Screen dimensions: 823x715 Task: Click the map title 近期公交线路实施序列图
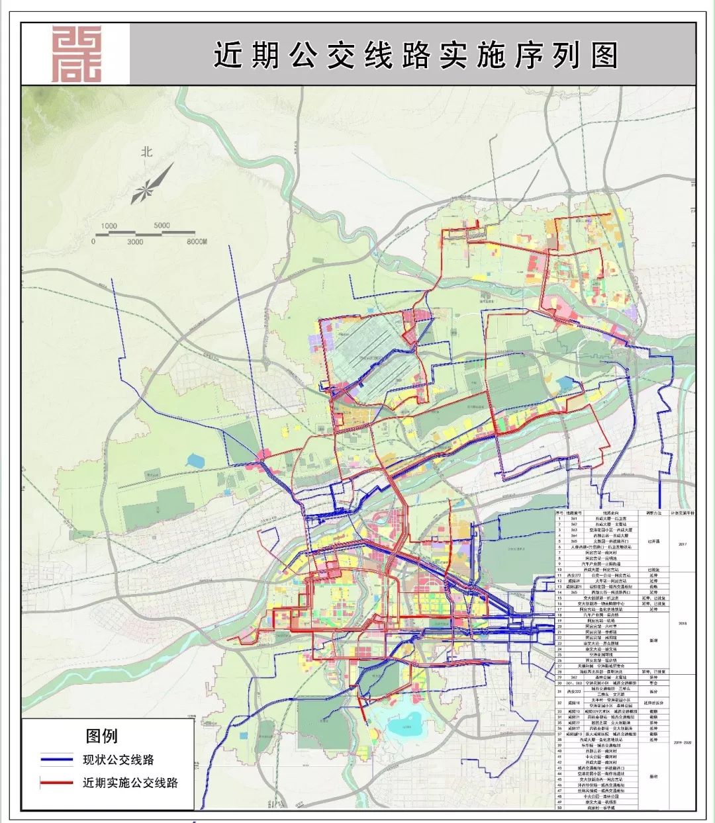415,55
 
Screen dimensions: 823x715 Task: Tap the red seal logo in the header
77,54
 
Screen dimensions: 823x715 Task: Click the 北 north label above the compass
146,151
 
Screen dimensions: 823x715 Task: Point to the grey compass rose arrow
152,183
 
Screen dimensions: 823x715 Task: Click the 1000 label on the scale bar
109,226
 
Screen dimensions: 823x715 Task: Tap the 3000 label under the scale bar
134,242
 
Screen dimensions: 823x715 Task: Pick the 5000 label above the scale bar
162,226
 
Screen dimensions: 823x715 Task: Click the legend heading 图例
101,736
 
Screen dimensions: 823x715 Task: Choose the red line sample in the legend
56,783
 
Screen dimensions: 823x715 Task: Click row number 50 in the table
559,807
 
